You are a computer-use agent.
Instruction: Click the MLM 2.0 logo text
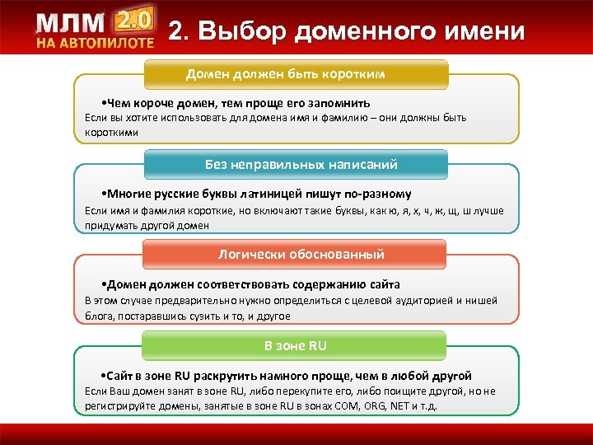pyautogui.click(x=94, y=23)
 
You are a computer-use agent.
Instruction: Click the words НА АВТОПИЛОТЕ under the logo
pyautogui.click(x=94, y=43)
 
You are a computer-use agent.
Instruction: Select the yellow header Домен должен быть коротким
pyautogui.click(x=297, y=74)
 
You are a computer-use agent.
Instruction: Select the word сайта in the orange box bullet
pyautogui.click(x=384, y=284)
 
